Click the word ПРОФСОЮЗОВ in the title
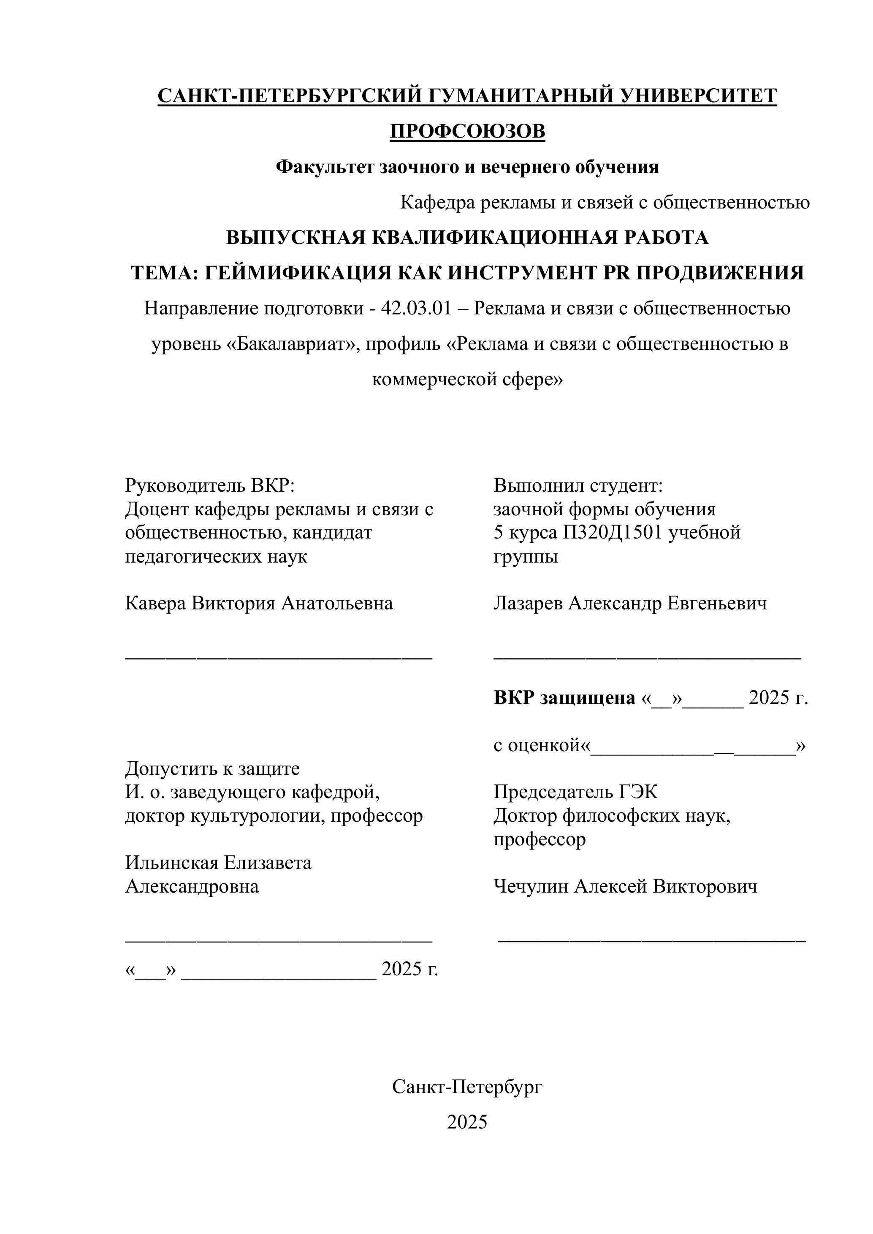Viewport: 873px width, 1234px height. [467, 131]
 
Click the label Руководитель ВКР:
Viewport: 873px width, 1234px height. [210, 485]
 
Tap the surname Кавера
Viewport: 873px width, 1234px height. [155, 603]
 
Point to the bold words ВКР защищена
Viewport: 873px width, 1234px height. [564, 698]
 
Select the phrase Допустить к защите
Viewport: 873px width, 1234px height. [212, 769]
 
